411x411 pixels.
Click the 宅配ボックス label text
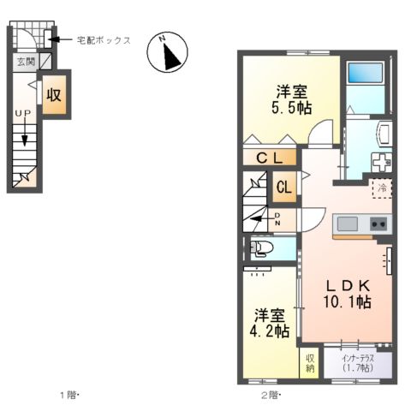tap(104, 39)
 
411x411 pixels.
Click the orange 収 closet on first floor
tap(54, 95)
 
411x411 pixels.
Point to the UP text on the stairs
tap(23, 113)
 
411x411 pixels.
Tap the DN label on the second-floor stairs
tap(277, 219)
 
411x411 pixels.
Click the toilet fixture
tap(261, 248)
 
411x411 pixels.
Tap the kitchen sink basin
tap(347, 223)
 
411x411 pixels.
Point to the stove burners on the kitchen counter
tap(378, 223)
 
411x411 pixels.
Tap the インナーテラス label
tap(354, 357)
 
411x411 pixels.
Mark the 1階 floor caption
tap(67, 395)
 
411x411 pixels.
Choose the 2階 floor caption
tap(269, 395)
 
